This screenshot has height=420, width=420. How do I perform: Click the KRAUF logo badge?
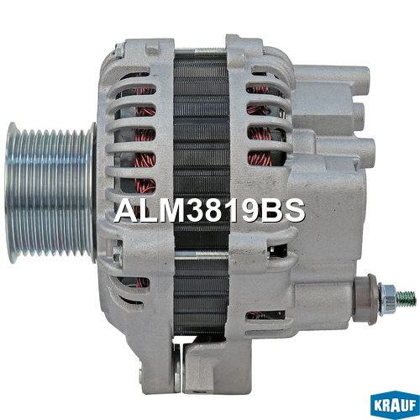tap(395, 405)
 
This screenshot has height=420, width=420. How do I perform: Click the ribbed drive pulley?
tap(50, 192)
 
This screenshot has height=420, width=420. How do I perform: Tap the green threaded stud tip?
tap(407, 298)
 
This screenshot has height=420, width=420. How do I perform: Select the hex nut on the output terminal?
tap(387, 298)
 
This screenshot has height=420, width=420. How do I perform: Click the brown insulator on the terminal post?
tap(365, 299)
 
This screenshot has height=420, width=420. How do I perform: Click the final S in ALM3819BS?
tap(293, 210)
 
